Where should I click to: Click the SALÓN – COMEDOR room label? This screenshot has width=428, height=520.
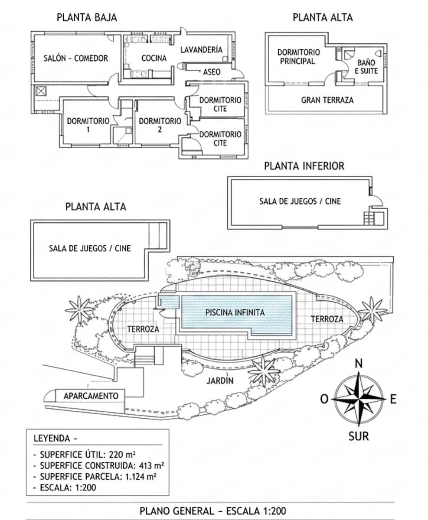click(75, 58)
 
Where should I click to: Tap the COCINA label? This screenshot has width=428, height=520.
click(154, 58)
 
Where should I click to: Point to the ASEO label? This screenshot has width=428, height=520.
click(212, 72)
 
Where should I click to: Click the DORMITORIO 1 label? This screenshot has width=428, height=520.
click(88, 125)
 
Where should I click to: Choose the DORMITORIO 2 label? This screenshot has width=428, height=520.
click(160, 125)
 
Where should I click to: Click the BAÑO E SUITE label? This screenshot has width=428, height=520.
click(366, 66)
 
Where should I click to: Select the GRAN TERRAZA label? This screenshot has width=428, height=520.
click(327, 100)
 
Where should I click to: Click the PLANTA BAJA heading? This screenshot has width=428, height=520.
click(87, 18)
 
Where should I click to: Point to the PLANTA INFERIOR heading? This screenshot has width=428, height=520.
click(304, 166)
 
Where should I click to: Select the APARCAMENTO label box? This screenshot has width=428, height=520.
click(91, 396)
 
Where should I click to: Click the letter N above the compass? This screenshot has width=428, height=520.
click(359, 364)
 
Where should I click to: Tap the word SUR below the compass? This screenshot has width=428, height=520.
click(359, 436)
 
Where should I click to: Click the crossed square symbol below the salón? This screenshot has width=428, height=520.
click(41, 91)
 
